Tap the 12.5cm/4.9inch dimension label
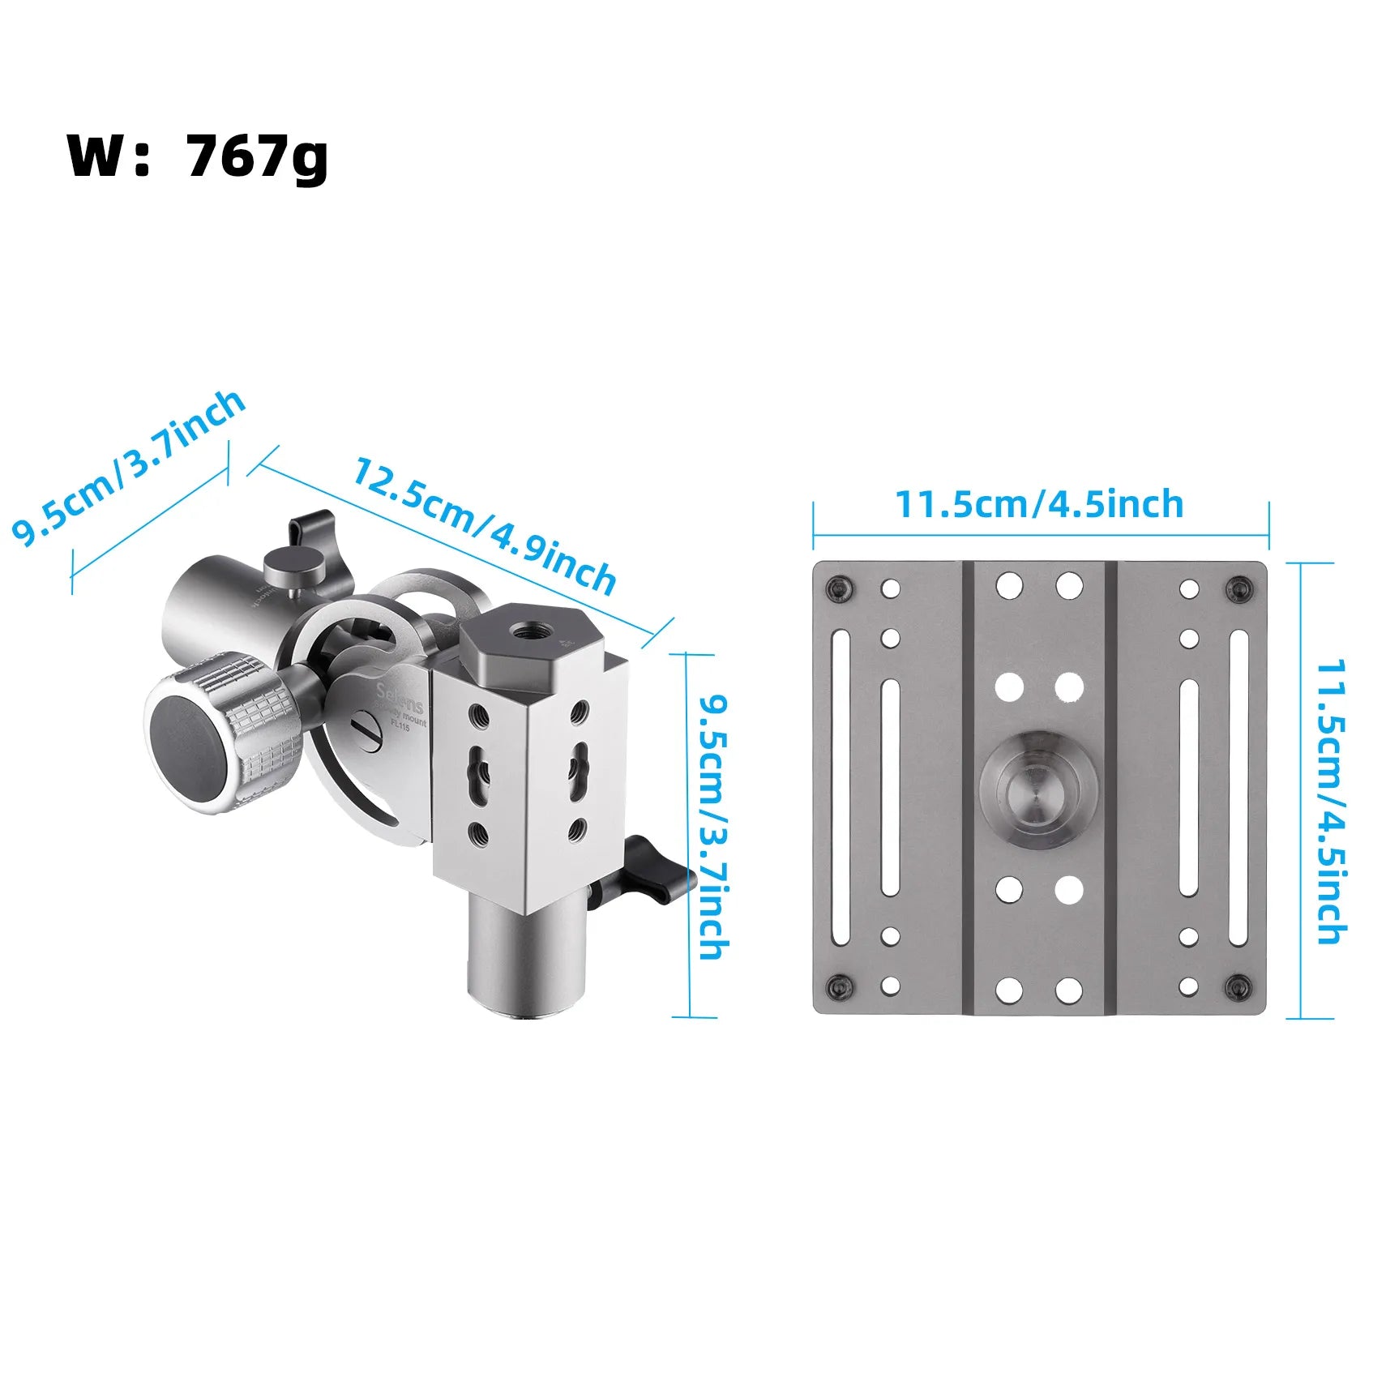484,525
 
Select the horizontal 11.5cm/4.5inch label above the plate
1038,504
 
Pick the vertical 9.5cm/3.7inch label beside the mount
714,827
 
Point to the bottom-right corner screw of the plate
1238,986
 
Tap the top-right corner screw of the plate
1238,587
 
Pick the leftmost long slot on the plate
840,788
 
